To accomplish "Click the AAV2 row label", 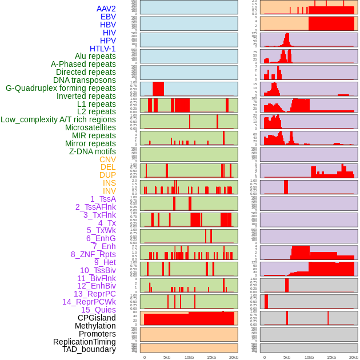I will [106, 9].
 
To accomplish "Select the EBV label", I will [107, 17].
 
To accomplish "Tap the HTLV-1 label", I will [102, 49].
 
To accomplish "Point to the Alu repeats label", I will [95, 56].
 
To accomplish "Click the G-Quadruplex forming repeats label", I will [61, 88].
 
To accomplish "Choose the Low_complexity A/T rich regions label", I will [58, 119].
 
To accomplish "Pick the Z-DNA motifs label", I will [92, 151].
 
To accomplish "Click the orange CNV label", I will [107, 159].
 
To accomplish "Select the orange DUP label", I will [107, 175].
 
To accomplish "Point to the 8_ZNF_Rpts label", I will [93, 254].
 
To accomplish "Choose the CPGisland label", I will [97, 318].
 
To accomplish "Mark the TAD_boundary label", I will [89, 349].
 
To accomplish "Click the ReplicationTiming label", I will [84, 342].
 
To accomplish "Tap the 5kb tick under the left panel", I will [167, 357].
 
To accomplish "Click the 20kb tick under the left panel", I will [233, 357].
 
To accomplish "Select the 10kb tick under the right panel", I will [309, 357].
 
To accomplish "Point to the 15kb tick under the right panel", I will [331, 357].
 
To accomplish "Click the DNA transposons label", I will [84, 80].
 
